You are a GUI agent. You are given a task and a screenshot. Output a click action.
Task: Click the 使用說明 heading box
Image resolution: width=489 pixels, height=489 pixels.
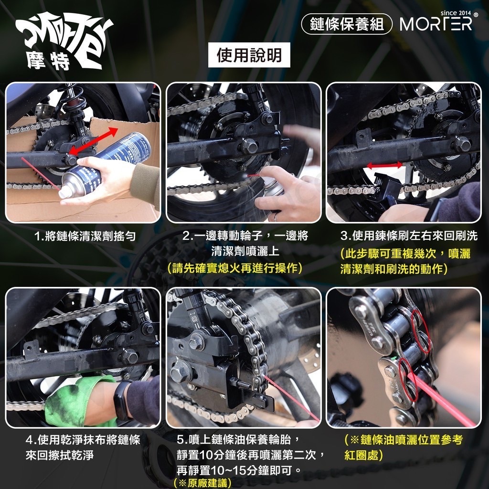pyautogui.click(x=249, y=55)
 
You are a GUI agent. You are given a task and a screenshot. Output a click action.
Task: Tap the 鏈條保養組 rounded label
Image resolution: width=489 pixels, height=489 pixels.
pyautogui.click(x=347, y=24)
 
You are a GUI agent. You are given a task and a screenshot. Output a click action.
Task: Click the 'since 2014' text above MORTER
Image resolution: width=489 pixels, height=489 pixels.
pyautogui.click(x=456, y=13)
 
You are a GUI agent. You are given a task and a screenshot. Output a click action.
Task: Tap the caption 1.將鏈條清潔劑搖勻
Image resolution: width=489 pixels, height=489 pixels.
pyautogui.click(x=85, y=236)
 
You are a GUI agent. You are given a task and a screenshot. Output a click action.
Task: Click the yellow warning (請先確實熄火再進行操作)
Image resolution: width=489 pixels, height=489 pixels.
pyautogui.click(x=234, y=267)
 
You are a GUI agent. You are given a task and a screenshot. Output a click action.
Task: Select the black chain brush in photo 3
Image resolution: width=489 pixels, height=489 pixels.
pyautogui.click(x=385, y=189)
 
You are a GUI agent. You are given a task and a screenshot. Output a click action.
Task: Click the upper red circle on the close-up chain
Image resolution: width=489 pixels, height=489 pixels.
pyautogui.click(x=421, y=331)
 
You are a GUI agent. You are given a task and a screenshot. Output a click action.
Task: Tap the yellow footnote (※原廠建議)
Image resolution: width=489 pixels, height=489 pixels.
pyautogui.click(x=202, y=482)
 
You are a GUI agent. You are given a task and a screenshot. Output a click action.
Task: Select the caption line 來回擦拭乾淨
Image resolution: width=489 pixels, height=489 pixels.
pyautogui.click(x=60, y=455)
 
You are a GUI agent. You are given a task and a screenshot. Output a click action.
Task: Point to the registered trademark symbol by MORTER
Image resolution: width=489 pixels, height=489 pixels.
pyautogui.click(x=475, y=14)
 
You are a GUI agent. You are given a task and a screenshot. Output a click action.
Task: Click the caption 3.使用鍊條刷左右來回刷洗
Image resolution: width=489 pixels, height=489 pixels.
pyautogui.click(x=409, y=236)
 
